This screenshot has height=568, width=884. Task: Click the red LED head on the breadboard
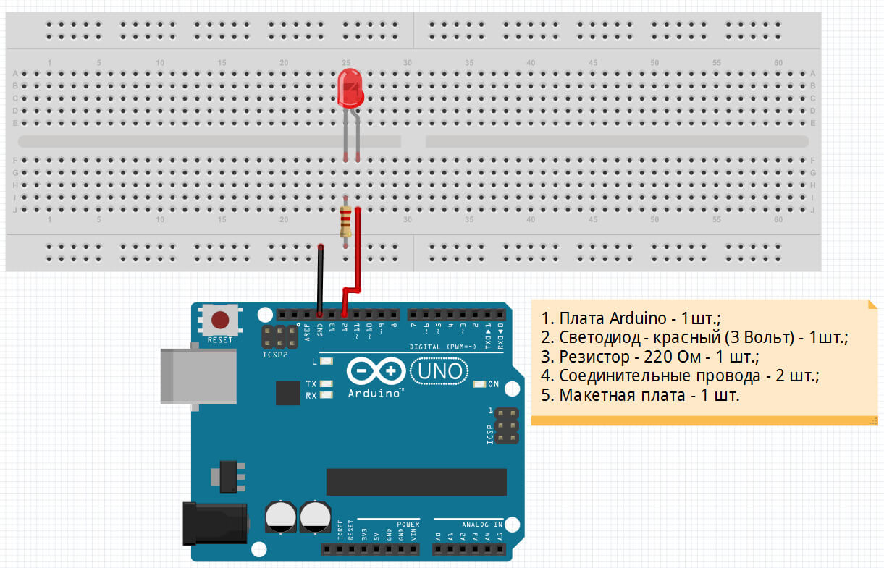351,88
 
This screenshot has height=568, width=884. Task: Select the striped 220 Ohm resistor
346,221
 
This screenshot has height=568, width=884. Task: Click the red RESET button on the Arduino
220,319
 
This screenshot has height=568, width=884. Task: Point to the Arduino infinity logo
375,371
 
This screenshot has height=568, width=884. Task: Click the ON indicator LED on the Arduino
479,384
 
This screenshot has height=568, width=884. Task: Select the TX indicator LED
326,383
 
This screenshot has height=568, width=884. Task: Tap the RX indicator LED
326,395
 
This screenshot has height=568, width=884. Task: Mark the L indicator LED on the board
326,360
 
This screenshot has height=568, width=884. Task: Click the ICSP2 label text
275,355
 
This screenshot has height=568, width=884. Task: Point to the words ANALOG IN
482,524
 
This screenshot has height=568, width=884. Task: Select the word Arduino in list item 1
638,318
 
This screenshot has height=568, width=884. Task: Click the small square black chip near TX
287,393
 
